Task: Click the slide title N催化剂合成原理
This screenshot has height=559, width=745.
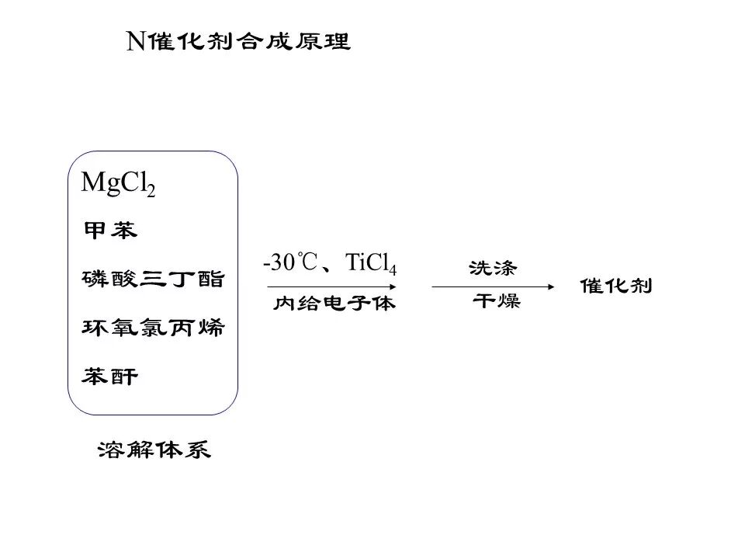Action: [x=239, y=42]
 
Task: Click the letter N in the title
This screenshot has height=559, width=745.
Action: [x=136, y=43]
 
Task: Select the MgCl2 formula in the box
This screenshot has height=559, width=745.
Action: [x=119, y=184]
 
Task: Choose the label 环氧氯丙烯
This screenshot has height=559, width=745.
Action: [x=153, y=328]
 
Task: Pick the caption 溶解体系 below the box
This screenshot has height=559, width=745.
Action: [x=154, y=450]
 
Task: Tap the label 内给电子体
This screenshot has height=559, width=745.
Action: [x=334, y=304]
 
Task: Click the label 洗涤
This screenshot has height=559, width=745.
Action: [x=493, y=268]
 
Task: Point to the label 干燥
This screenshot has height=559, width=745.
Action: [x=497, y=302]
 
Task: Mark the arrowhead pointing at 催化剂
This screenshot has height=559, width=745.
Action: [x=552, y=286]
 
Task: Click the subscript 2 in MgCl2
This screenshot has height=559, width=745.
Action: [x=151, y=191]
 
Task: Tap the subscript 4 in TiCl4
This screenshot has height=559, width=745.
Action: [x=393, y=270]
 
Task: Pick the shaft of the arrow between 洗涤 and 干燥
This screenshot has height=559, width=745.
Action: [x=489, y=286]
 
